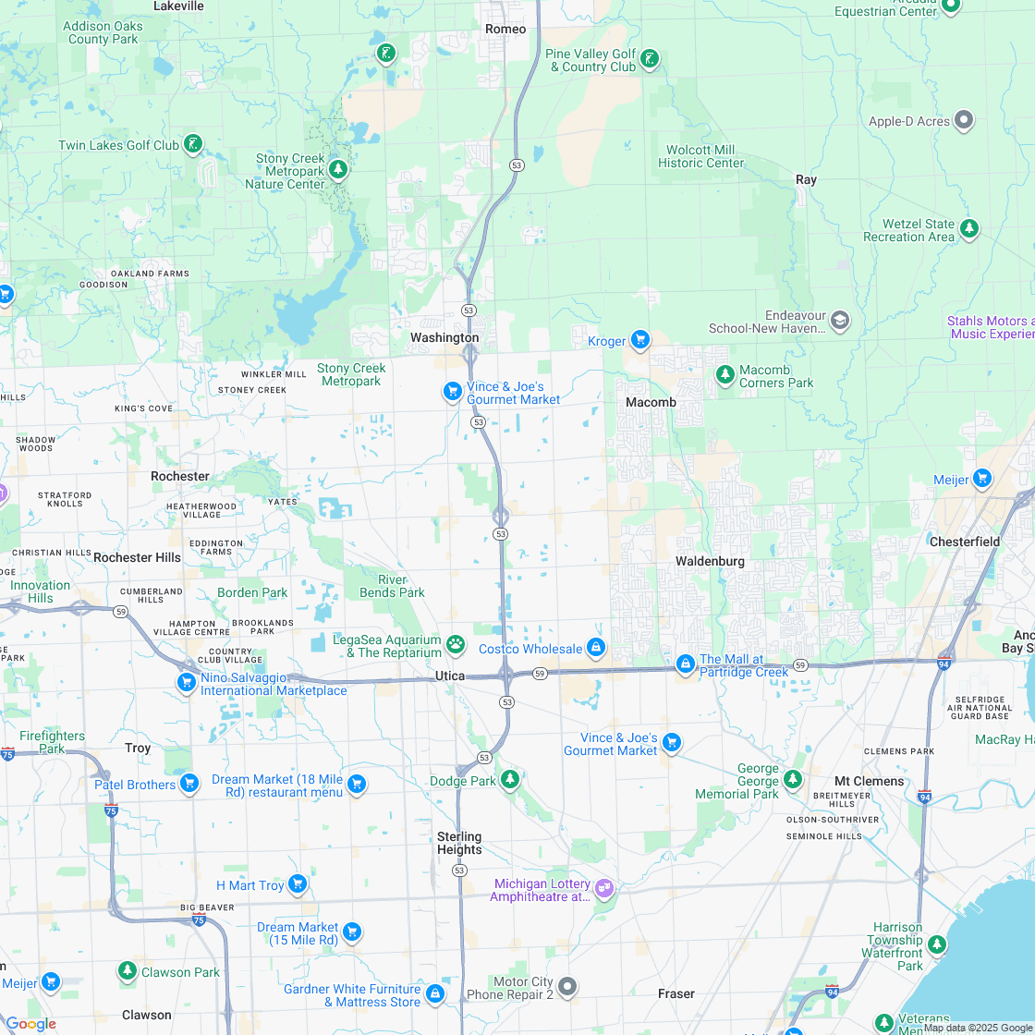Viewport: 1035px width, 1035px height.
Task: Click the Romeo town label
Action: pos(505,29)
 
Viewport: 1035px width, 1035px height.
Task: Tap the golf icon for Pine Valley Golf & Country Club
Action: pos(651,60)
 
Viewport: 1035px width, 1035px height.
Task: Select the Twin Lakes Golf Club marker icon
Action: pos(193,144)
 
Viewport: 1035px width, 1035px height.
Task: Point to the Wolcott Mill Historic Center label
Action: pos(700,156)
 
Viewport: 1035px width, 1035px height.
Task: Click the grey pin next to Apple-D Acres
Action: pos(964,120)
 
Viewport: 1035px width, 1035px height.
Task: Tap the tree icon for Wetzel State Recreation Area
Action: pos(968,228)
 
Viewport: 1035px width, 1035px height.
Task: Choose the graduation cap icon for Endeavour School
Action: pos(840,321)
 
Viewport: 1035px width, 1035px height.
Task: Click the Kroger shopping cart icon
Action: pos(640,340)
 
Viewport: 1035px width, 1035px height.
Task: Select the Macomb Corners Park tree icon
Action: pos(725,375)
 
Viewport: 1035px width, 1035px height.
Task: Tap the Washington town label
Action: pos(444,337)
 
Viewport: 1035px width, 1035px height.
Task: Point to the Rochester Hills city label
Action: pos(137,557)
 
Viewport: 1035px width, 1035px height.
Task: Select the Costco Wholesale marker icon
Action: pos(596,648)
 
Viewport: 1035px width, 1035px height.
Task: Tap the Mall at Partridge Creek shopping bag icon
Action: pos(685,664)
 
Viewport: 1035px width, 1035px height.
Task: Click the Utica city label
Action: pos(450,676)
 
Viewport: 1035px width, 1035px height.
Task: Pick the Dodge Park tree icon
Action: pos(510,780)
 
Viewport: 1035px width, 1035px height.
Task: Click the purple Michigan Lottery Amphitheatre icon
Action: pos(604,888)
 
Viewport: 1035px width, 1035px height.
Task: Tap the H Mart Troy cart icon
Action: pos(297,884)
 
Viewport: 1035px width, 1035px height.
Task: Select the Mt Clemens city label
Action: pos(869,781)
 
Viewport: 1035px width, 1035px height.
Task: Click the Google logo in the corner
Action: pos(30,1024)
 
